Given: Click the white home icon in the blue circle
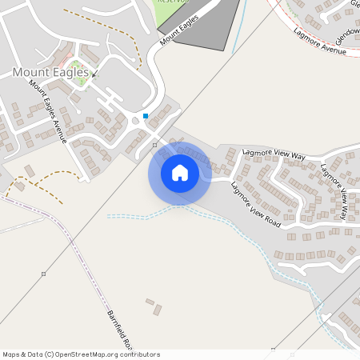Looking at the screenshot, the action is [x=180, y=172].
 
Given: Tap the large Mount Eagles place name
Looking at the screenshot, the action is [x=50, y=72].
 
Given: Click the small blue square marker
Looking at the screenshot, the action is [x=146, y=116].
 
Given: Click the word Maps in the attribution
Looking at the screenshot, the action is [x=11, y=354].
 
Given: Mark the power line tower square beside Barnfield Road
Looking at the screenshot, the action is [x=44, y=274].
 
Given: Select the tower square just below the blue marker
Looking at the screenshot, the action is [x=155, y=145].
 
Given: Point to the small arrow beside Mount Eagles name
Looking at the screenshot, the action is [x=94, y=74].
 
